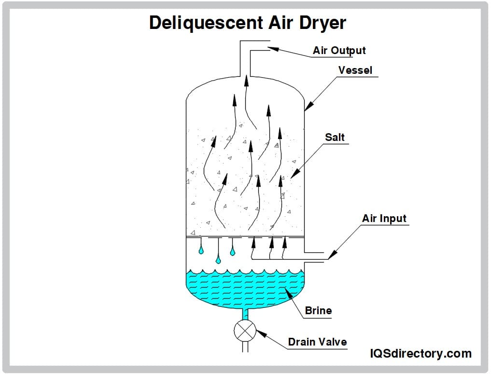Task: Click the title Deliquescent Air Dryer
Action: coord(247,22)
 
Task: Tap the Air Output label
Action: coord(339,51)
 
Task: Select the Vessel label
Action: coord(355,70)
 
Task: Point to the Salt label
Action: coord(335,137)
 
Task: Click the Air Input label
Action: coord(384,218)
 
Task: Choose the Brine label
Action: coord(318,310)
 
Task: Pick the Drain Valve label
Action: coord(317,342)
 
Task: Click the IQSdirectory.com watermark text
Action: coord(420,353)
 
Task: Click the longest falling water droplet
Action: coord(218,260)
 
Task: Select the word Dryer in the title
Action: coord(321,22)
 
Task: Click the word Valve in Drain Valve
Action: coord(332,342)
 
